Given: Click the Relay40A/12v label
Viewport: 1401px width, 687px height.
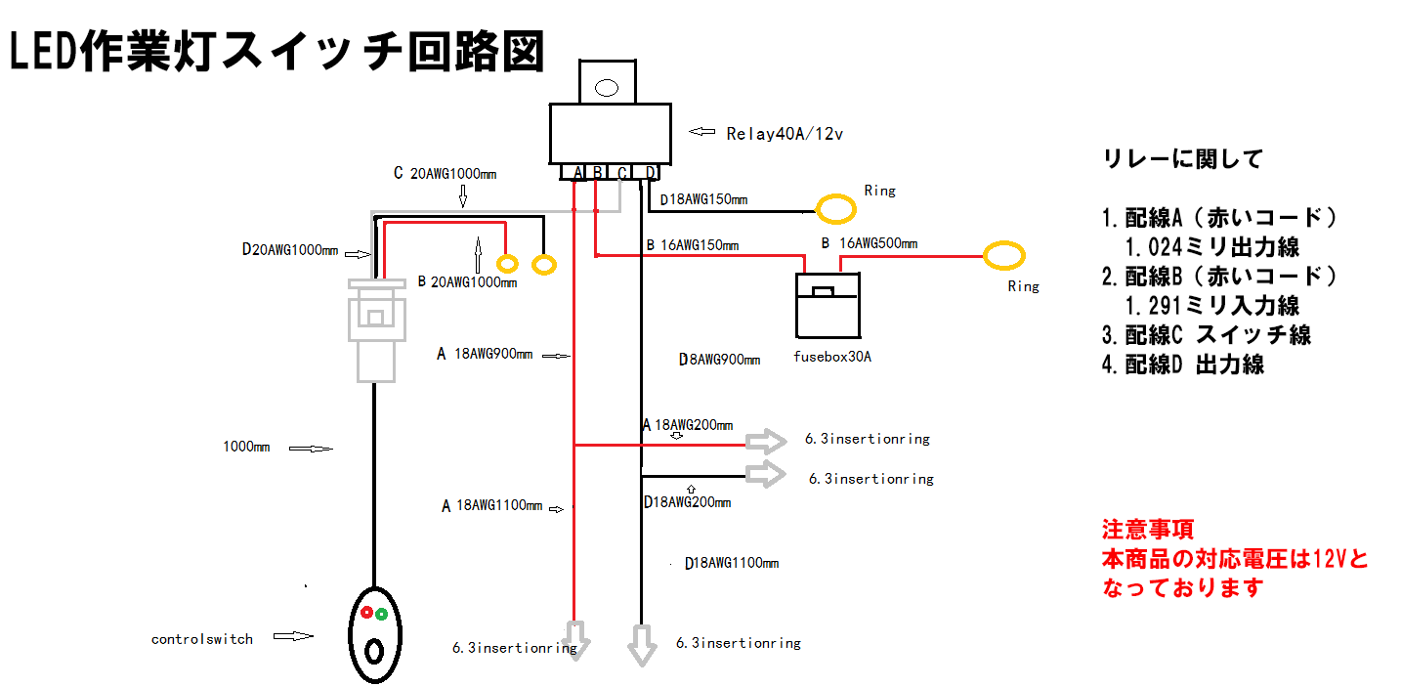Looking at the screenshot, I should coord(784,134).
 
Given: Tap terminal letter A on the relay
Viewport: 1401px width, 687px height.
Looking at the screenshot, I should coord(578,173).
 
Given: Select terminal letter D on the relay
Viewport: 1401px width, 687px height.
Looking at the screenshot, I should coord(651,173).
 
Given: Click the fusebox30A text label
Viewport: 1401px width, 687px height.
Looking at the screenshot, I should coord(832,357).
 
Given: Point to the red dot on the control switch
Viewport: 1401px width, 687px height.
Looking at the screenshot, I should coord(366,614).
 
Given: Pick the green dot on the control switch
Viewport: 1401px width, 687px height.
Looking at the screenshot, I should coord(381,614).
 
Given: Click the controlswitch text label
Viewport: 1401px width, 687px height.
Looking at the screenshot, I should coord(201,639).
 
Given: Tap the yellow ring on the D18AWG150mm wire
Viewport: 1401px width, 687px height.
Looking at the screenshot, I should coord(835,208).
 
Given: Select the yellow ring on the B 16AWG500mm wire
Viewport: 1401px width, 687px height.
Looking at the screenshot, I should coord(1003,256).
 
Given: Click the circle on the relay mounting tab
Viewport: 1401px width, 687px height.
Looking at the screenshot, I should coord(607,88).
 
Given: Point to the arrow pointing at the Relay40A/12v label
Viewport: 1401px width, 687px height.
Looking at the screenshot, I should coord(702,131).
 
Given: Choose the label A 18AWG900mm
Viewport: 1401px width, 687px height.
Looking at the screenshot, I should coord(485,355).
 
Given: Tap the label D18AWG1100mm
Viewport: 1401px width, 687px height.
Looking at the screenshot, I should coord(732,563).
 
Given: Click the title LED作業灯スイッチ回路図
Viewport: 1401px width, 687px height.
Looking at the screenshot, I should coord(276,53).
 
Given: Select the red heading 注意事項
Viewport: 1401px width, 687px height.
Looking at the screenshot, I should coord(1147,531).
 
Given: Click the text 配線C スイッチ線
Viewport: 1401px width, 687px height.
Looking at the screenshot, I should coord(1206,334).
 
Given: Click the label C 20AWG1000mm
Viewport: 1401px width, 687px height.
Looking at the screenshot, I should coord(445,174).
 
